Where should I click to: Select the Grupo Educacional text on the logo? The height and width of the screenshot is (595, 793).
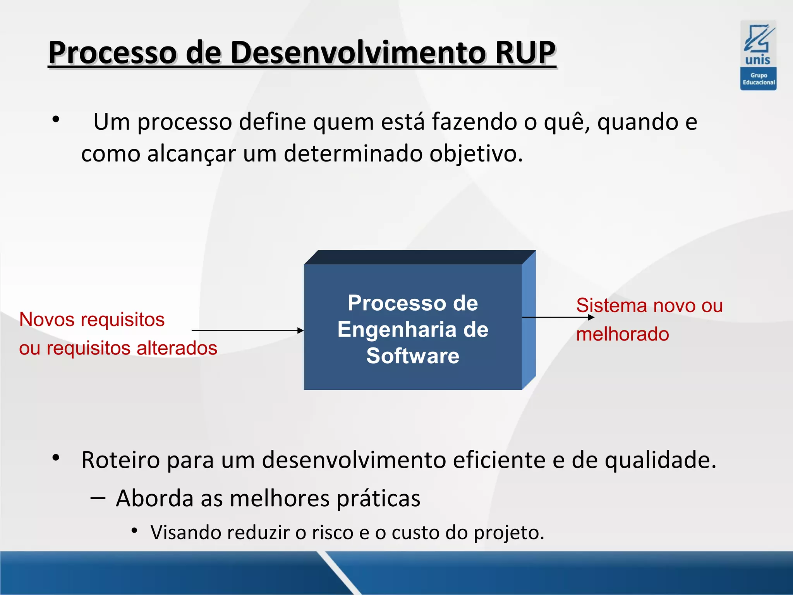[x=758, y=79]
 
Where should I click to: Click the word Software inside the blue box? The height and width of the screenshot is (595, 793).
[x=412, y=356]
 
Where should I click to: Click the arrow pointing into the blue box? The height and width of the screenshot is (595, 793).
[x=248, y=330]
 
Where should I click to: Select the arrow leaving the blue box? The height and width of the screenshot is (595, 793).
[x=558, y=317]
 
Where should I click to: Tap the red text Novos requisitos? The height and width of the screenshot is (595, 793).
[x=92, y=320]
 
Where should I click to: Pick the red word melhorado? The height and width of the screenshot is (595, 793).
[x=622, y=334]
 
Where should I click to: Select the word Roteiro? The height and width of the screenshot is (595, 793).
[x=120, y=460]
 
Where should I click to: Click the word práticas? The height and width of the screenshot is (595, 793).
[x=378, y=498]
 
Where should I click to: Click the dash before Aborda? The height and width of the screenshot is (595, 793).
[x=98, y=498]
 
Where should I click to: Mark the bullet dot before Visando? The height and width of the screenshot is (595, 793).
[x=134, y=530]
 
